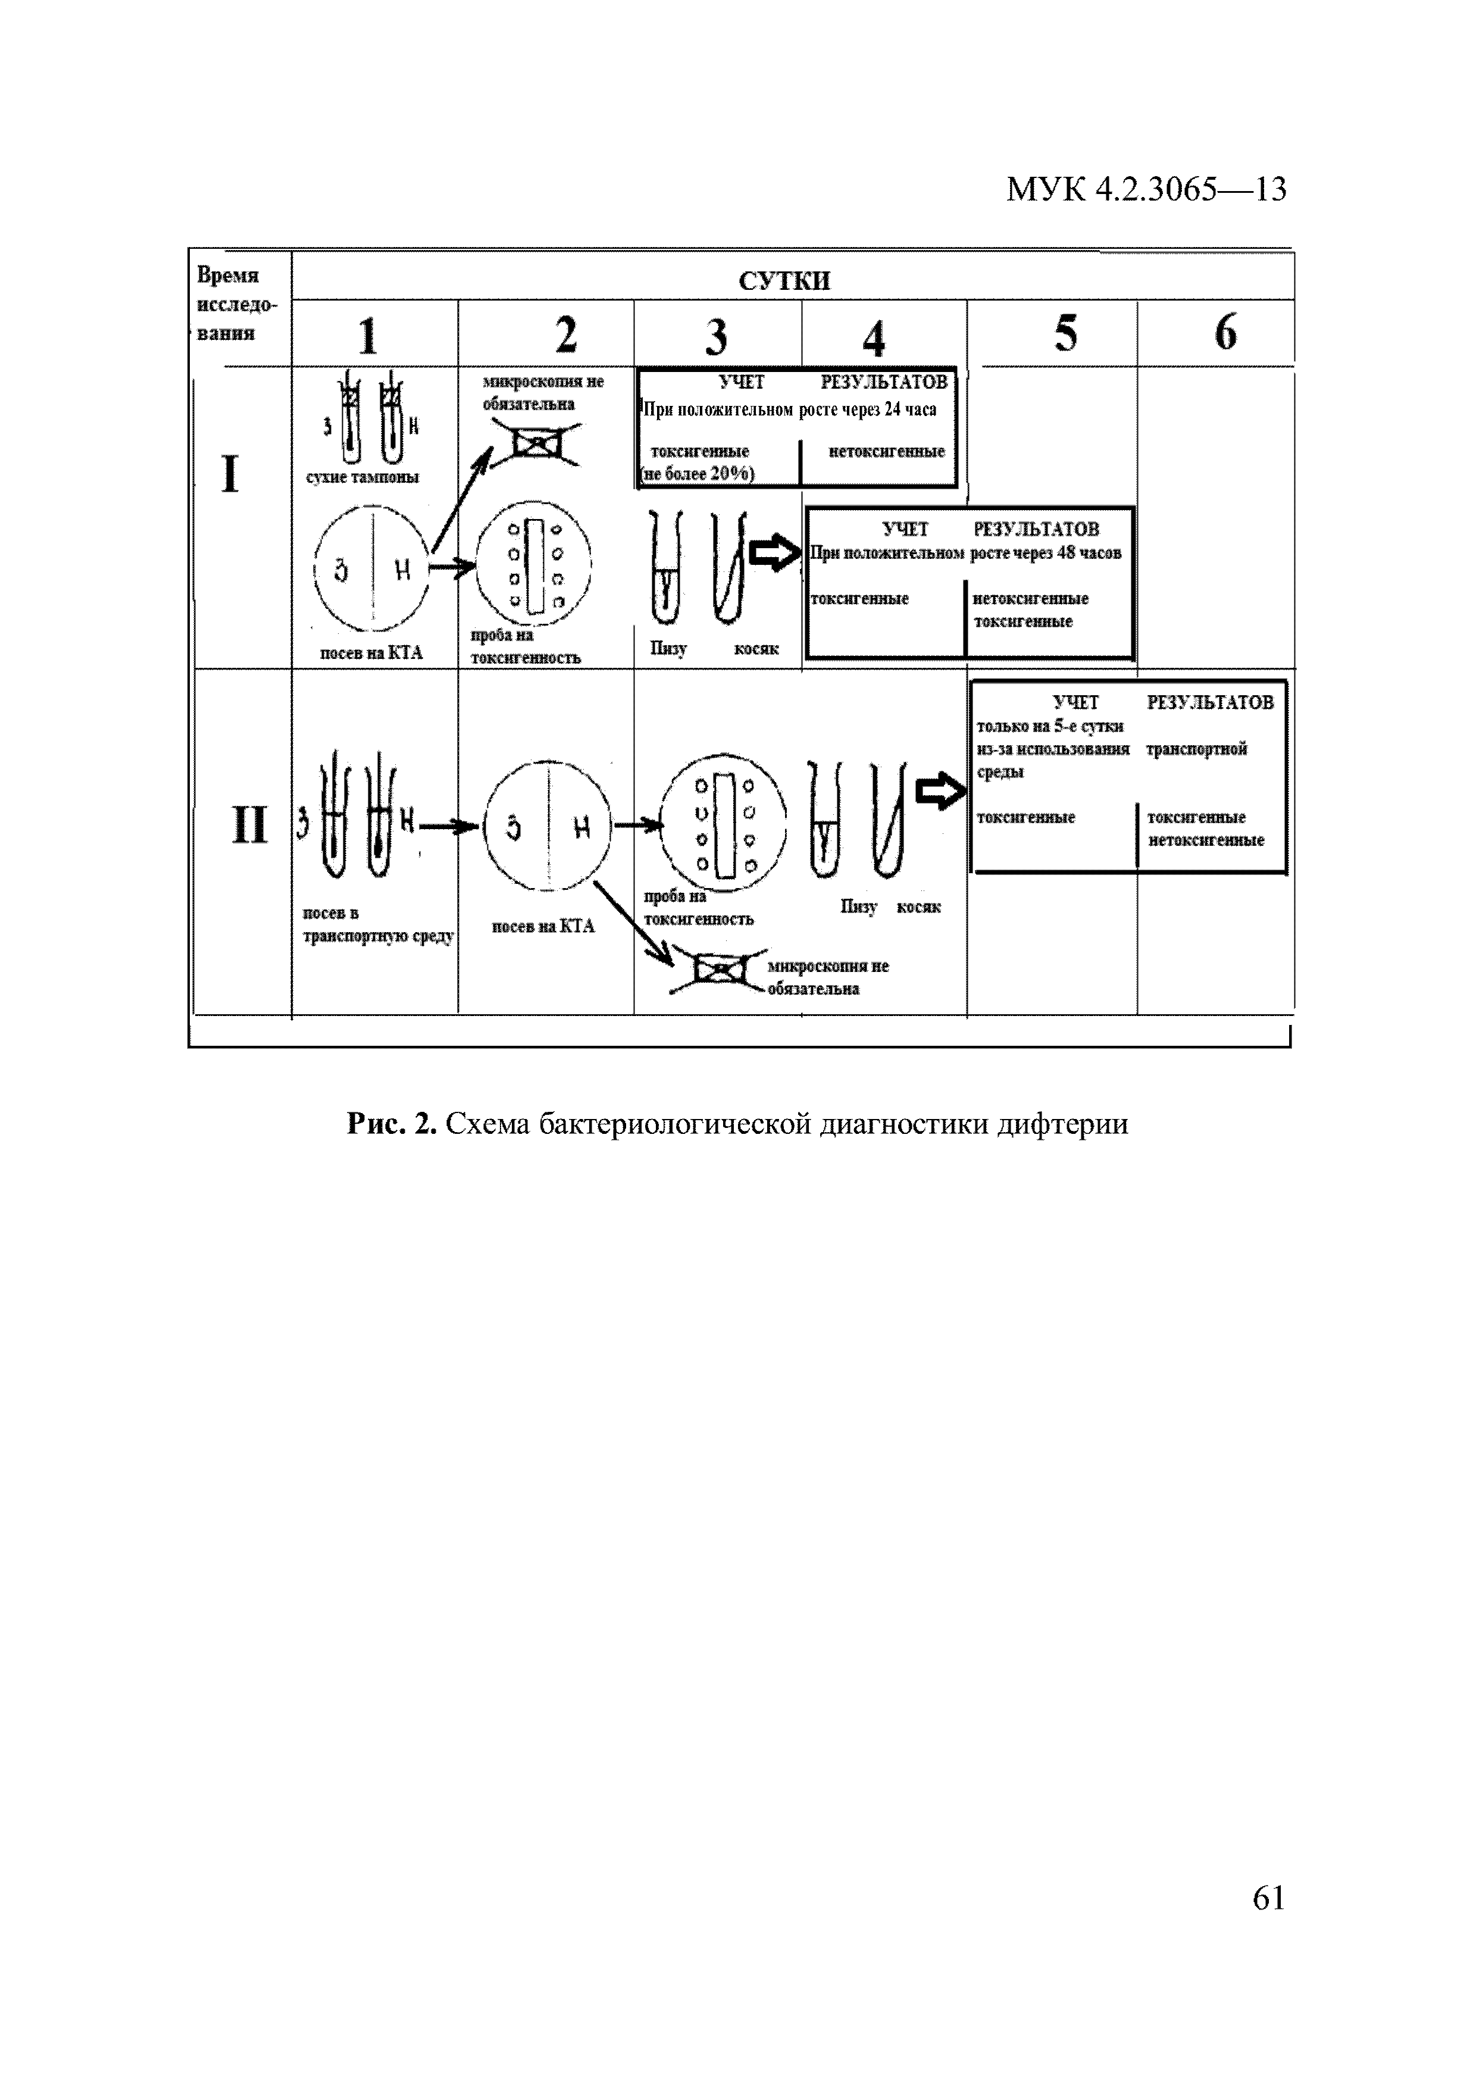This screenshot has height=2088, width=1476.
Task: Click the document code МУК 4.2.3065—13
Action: coord(1145,189)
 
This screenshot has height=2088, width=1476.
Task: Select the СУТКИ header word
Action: coord(784,280)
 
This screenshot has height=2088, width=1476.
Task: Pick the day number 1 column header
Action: coord(367,336)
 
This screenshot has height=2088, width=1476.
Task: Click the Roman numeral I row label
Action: coord(230,475)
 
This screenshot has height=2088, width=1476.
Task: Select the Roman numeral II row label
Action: coord(249,826)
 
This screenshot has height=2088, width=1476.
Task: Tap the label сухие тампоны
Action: coord(363,477)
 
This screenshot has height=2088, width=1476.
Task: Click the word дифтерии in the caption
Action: coord(1064,1124)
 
